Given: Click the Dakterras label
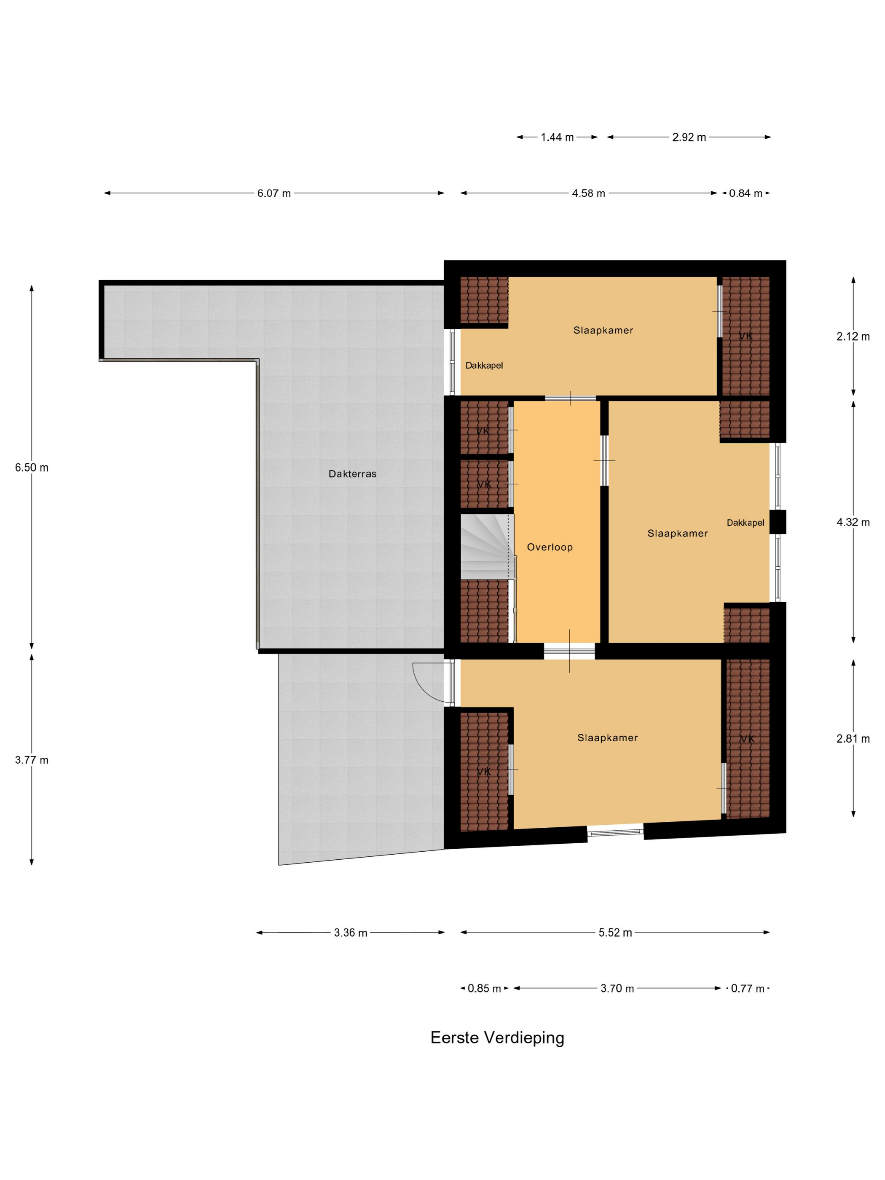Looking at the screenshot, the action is point(352,474).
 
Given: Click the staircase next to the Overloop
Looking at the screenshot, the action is point(486,547).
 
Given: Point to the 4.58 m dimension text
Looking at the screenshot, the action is point(588,193).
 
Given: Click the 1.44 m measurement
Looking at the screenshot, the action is point(557,137).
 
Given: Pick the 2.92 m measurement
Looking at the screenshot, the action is point(689,137).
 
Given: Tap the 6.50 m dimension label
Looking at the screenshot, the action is point(32,467).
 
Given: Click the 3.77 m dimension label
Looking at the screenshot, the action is point(32,760).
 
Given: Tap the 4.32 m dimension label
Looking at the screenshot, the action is point(853,522).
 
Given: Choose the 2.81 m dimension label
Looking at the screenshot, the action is point(853,738).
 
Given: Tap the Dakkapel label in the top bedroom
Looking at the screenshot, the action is point(484,365).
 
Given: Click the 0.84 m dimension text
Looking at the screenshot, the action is point(746,193).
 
